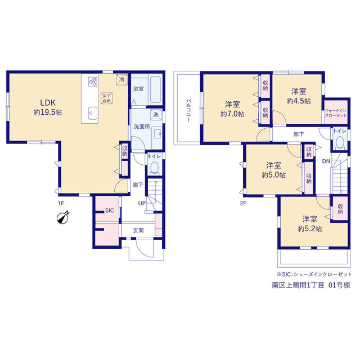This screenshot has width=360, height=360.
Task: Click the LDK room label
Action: coord(48,102)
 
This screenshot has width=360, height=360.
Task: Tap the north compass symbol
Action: coord(63,217)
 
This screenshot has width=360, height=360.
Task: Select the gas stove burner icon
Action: coord(93,82)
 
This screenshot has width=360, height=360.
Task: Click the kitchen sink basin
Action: coord(92,113)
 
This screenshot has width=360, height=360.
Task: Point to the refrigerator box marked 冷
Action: coord(121,80)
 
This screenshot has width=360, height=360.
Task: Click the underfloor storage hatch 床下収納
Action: coord(106,98)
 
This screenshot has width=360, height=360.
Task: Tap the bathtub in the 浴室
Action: coord(155,89)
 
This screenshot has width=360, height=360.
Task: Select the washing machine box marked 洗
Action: coord(156,115)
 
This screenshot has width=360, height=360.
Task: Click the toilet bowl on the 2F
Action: coord(340,142)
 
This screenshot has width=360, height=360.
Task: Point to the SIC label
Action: coord(109,210)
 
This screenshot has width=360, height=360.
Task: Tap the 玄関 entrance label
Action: coord(138,230)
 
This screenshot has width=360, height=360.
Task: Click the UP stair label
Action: coord(142,203)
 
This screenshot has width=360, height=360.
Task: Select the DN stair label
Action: coord(326,161)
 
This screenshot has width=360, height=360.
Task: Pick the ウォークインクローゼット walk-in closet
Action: coord(336,112)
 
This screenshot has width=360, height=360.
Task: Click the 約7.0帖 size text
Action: coord(232,114)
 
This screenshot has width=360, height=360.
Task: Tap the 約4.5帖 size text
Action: coord(299,101)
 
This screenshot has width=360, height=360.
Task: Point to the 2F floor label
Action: coord(243,203)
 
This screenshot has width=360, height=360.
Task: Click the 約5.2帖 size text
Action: coord(310,229)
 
